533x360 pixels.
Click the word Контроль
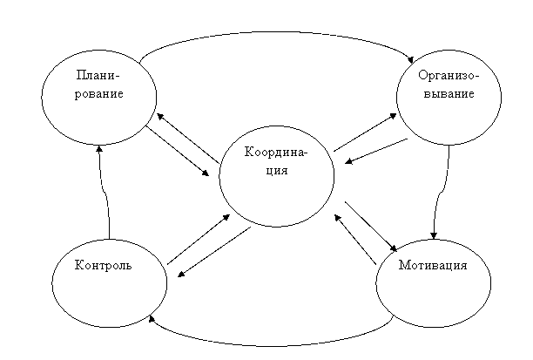(103, 265)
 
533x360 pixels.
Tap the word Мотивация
(433, 265)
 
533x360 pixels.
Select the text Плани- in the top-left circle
(98, 75)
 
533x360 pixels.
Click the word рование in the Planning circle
(99, 94)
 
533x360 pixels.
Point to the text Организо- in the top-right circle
(449, 75)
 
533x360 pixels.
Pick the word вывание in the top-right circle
(449, 93)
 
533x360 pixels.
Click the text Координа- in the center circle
(276, 152)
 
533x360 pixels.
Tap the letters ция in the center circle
(277, 170)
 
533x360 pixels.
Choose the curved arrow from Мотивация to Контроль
(272, 346)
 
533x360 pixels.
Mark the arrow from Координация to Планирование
(187, 138)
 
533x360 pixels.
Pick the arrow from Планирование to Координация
(177, 151)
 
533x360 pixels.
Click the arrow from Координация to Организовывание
(365, 132)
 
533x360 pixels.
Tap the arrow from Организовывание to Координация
(376, 151)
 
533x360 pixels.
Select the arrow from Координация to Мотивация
(371, 227)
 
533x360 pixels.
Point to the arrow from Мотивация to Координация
(355, 239)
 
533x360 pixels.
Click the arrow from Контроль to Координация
(199, 239)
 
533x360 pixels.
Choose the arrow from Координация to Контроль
(214, 252)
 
